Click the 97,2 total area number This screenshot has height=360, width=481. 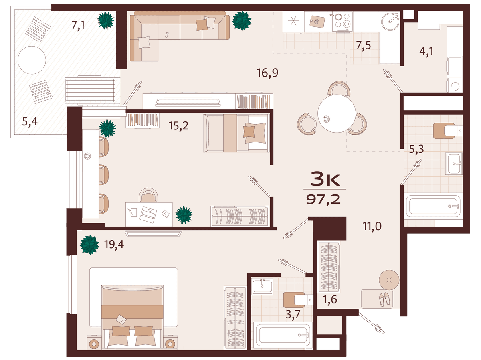323,200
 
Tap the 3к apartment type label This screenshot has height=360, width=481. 325,180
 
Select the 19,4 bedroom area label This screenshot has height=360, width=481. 114,244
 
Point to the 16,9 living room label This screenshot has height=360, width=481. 267,73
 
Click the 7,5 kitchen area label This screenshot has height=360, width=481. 363,45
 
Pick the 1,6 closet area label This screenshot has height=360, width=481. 330,299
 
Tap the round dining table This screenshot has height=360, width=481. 337,113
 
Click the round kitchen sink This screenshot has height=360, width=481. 390,22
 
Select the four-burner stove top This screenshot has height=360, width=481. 343,21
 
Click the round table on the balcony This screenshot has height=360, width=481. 32,60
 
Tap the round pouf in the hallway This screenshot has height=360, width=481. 389,280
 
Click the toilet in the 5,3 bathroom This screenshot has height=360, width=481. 448,131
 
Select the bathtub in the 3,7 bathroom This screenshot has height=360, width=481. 283,335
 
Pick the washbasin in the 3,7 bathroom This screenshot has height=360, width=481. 262,287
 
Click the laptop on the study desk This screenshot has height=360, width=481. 148,214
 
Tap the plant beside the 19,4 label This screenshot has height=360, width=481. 90,245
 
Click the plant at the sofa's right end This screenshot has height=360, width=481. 242,21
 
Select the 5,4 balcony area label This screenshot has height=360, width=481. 30,121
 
